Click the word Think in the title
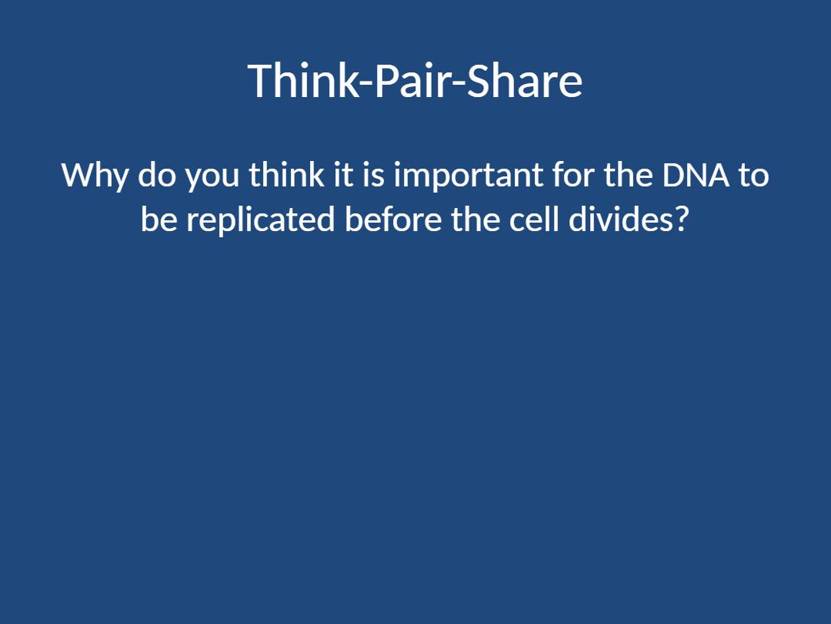[x=303, y=80]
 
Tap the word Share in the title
[x=525, y=80]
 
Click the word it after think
[x=344, y=174]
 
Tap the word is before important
[x=374, y=174]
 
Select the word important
[x=469, y=176]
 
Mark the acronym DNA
[x=696, y=175]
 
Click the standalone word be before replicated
[x=159, y=219]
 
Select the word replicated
[x=261, y=220]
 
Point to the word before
[x=393, y=219]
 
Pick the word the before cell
[x=476, y=219]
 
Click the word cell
[x=534, y=219]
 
